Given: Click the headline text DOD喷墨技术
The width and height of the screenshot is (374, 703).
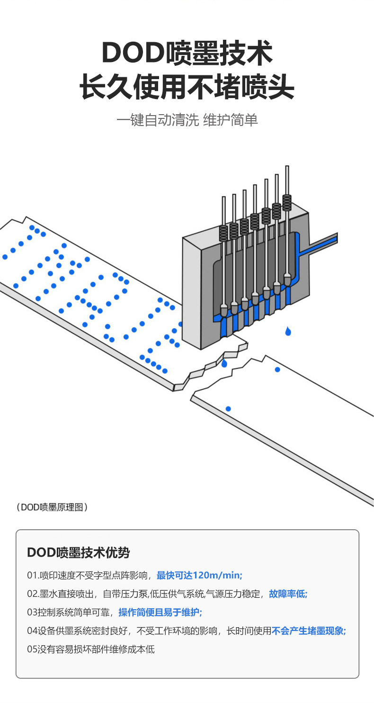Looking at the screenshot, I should (187, 53).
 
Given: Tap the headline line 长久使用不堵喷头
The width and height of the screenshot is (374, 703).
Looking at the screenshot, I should (187, 87).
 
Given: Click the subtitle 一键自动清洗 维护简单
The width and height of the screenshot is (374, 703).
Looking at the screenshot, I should (187, 120).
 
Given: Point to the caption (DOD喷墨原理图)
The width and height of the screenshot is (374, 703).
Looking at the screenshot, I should (52, 507).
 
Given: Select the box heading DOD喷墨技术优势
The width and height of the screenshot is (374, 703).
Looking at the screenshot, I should (78, 552).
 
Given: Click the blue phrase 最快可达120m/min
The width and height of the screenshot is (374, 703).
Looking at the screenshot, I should (199, 576).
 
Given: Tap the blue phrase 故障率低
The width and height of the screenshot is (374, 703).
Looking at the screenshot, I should (288, 594).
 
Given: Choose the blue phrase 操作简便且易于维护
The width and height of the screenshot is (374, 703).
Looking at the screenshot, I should (160, 613).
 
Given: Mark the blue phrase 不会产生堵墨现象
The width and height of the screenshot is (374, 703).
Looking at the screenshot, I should (309, 631).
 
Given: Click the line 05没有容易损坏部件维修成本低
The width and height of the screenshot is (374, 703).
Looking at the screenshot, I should (90, 649).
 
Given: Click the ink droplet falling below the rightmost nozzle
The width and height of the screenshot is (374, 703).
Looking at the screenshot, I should (288, 331).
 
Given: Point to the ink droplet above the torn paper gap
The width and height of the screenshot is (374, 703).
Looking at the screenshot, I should (224, 363).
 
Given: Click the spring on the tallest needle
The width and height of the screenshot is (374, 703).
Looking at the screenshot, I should (287, 203).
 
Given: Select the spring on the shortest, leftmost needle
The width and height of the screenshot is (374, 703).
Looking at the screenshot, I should (223, 233).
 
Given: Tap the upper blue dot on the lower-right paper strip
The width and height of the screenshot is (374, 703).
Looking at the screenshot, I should (277, 370).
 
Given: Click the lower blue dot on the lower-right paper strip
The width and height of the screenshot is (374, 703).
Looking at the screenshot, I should (228, 409).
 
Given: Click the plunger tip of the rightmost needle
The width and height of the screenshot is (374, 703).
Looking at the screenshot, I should (287, 279).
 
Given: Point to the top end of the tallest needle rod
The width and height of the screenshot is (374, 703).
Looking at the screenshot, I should (287, 167).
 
